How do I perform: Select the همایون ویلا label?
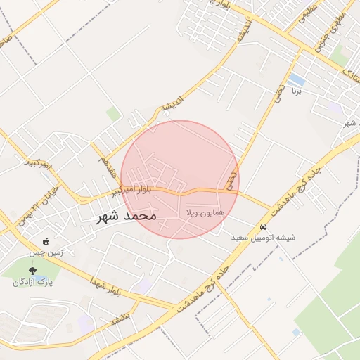pyautogui.click(x=205, y=212)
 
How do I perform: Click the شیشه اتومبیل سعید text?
pyautogui.click(x=264, y=238)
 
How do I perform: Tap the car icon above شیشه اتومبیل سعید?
pyautogui.click(x=263, y=227)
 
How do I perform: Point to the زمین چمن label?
pyautogui.click(x=46, y=252)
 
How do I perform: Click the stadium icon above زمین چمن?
pyautogui.click(x=46, y=242)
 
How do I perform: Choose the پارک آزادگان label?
pyautogui.click(x=33, y=282)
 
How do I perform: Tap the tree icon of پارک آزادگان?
pyautogui.click(x=33, y=270)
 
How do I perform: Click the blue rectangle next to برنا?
pyautogui.click(x=296, y=79)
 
